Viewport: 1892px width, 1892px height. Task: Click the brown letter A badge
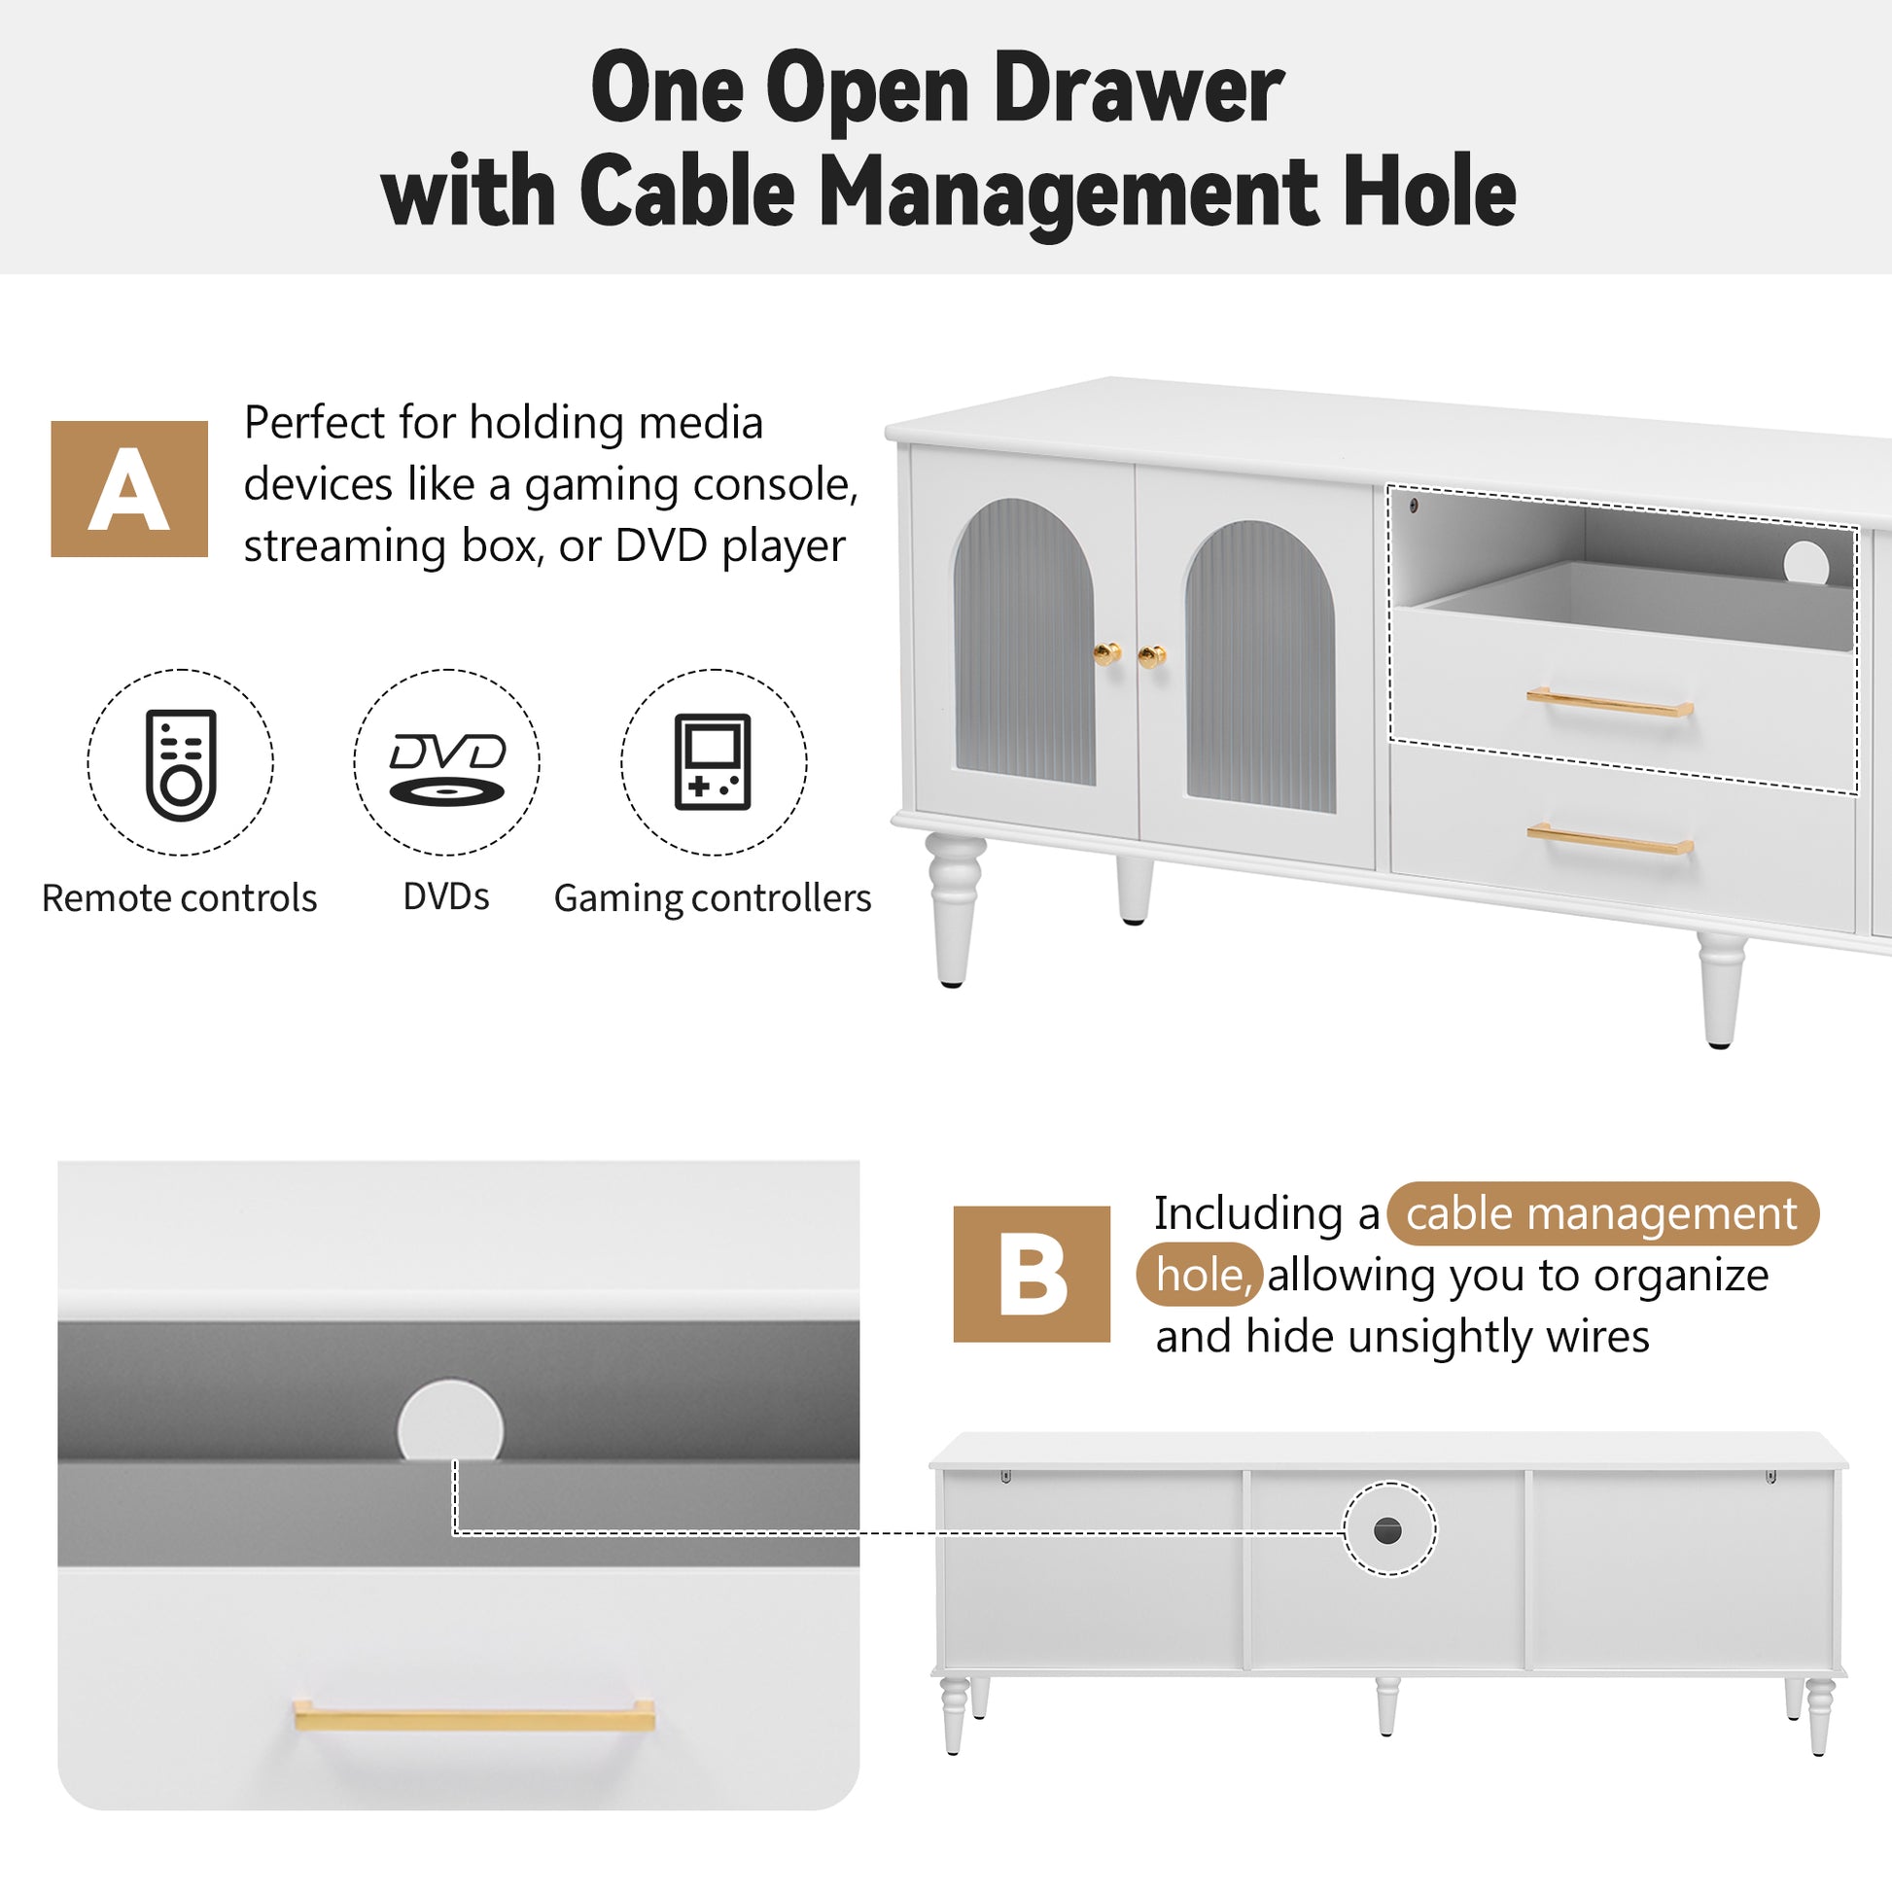point(129,489)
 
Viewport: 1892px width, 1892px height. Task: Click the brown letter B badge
point(1032,1273)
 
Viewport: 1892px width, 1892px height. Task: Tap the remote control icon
point(180,765)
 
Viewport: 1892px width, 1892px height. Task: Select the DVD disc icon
point(447,770)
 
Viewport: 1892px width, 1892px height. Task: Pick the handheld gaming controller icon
point(713,762)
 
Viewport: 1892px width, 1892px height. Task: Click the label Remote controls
point(179,898)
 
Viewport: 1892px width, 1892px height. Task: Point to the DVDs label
point(446,896)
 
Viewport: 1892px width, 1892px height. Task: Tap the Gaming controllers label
point(713,899)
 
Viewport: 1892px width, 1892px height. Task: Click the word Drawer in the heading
point(1138,89)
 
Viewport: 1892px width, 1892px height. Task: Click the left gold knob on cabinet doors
point(1106,653)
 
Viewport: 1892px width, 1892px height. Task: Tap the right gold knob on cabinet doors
point(1153,656)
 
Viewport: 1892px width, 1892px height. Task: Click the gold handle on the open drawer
point(1610,702)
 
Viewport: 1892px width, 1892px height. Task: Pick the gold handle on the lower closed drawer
point(1610,838)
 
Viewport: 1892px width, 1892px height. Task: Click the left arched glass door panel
point(1025,642)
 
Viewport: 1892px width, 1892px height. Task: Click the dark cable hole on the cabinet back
point(1387,1530)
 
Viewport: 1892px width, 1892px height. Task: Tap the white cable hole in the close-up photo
point(450,1421)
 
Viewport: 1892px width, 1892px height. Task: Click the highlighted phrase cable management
point(1602,1213)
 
